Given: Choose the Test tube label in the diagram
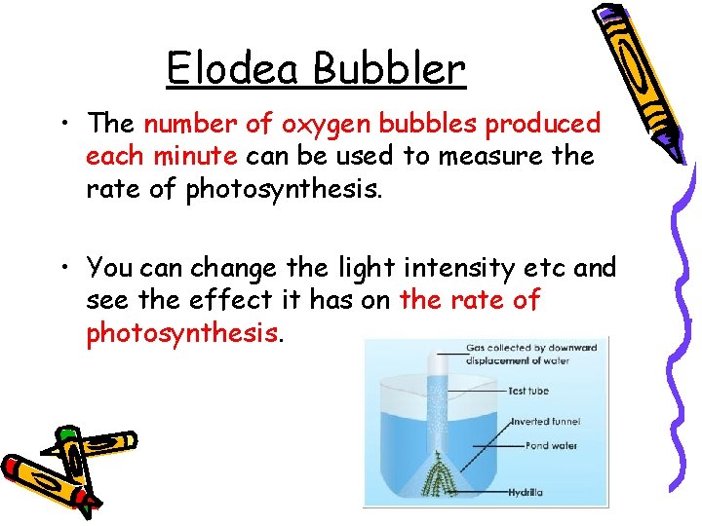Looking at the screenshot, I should pyautogui.click(x=528, y=392).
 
